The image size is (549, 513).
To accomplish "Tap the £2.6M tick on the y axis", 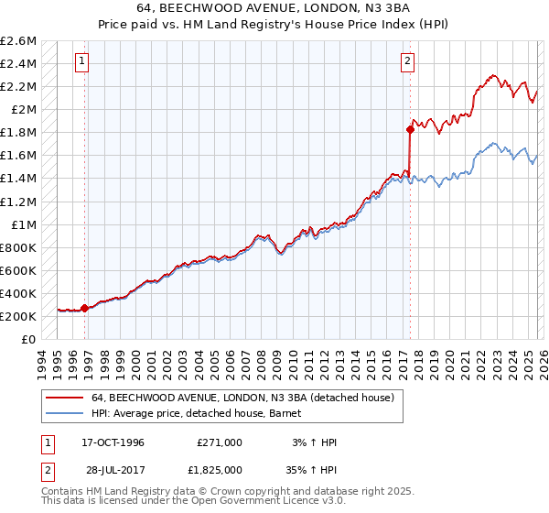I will coord(18,41).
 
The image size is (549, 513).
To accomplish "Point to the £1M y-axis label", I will coord(24,224).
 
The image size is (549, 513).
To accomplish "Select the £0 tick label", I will coord(29,340).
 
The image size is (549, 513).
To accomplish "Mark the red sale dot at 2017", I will coord(410,129).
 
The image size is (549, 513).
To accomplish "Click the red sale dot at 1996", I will coord(85,309).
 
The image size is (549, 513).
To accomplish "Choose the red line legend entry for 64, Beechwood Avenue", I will coord(242,398).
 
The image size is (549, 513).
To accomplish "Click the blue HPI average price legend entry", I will coord(201,414).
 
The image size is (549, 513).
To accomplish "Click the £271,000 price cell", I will coord(220,442).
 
